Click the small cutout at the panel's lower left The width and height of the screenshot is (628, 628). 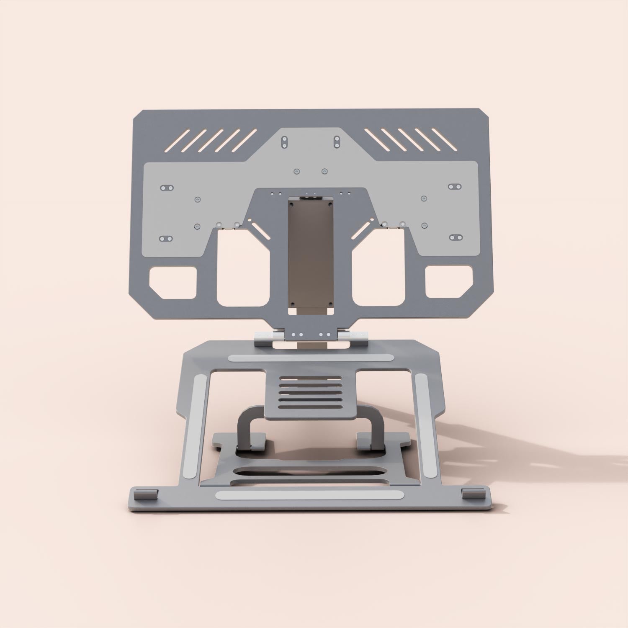pyautogui.click(x=173, y=283)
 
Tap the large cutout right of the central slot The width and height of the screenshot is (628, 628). pyautogui.click(x=378, y=268)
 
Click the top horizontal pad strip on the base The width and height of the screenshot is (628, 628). pyautogui.click(x=311, y=358)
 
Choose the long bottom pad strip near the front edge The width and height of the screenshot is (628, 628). pyautogui.click(x=310, y=495)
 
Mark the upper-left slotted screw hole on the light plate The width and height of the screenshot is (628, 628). pyautogui.click(x=167, y=188)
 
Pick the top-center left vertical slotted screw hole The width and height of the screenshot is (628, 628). pyautogui.click(x=285, y=142)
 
